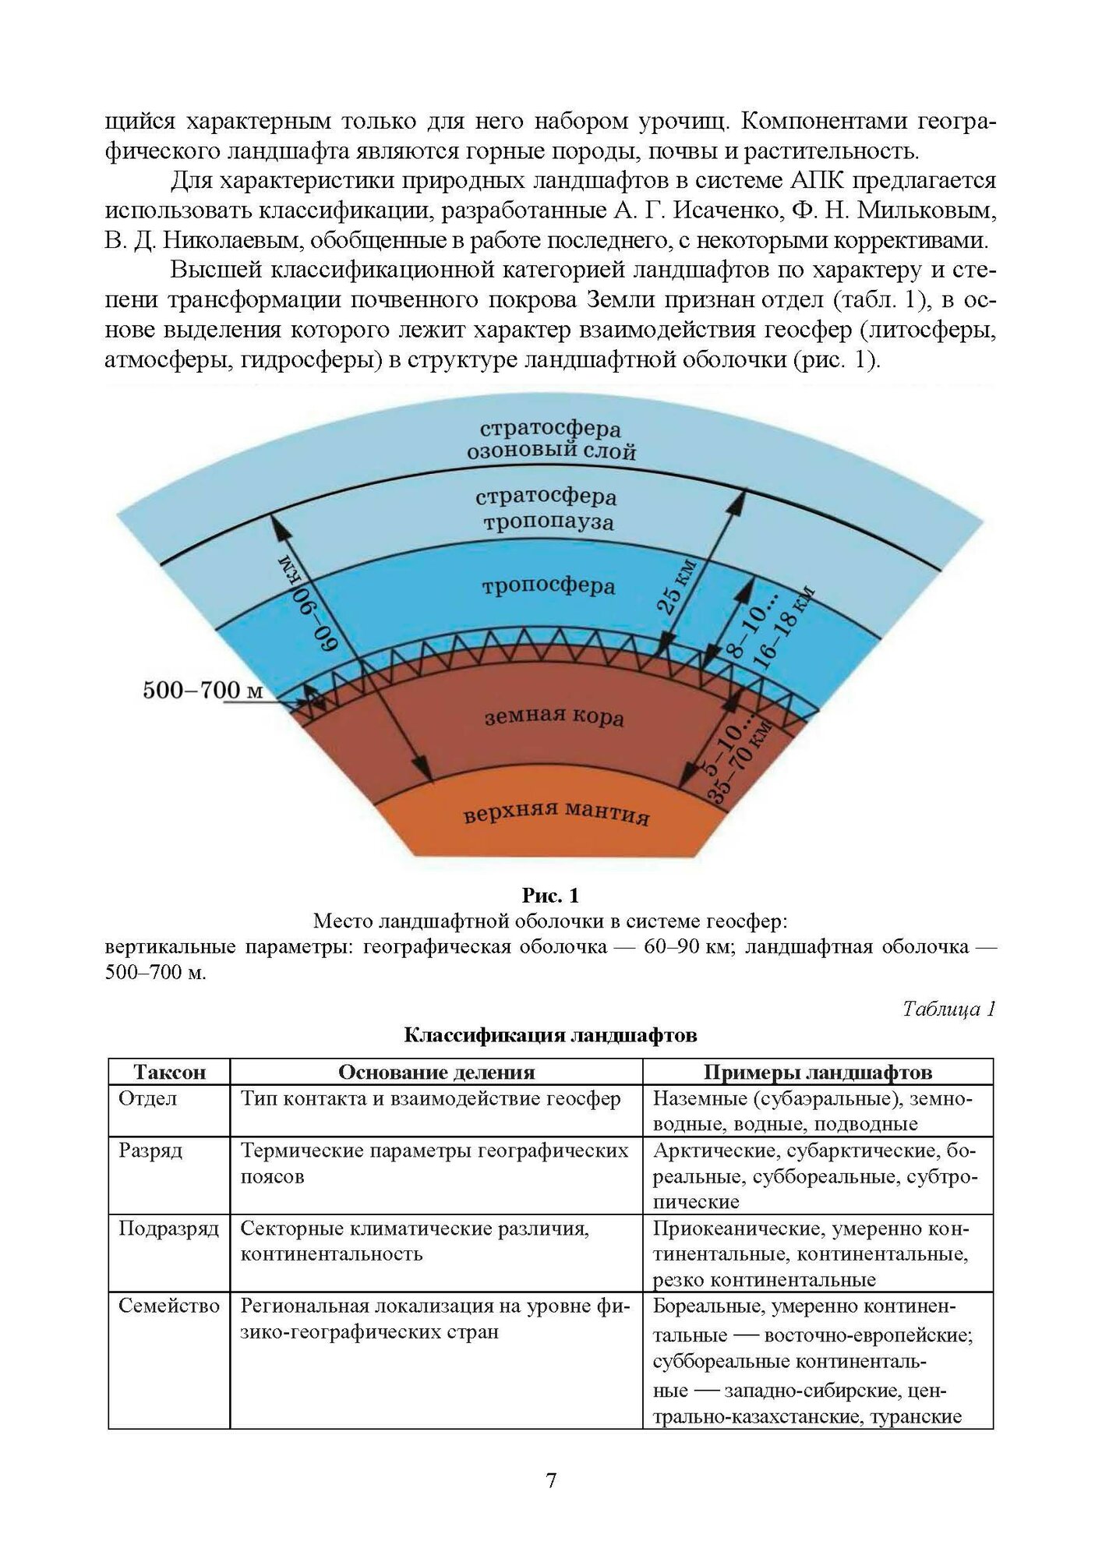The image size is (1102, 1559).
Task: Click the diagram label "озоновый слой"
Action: [551, 451]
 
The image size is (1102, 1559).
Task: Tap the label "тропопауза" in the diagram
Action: [548, 521]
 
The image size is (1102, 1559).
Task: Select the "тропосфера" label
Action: [549, 585]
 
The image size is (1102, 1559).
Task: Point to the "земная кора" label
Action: [554, 716]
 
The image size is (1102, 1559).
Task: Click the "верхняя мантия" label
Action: [556, 813]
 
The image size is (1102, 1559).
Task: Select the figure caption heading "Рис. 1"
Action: [550, 895]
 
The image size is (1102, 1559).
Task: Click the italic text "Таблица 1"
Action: [948, 1009]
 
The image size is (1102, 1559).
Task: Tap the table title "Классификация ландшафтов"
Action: [550, 1035]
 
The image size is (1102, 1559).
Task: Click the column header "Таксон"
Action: [169, 1072]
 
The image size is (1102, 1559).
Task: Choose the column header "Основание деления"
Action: [436, 1072]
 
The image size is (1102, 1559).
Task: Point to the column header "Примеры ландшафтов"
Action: [818, 1072]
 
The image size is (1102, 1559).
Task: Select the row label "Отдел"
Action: [147, 1098]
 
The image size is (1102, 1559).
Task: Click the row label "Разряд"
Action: [150, 1151]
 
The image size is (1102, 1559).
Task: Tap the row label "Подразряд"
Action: [168, 1228]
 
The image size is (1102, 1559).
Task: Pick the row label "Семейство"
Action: [169, 1306]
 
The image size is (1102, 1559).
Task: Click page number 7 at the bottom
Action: [551, 1479]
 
